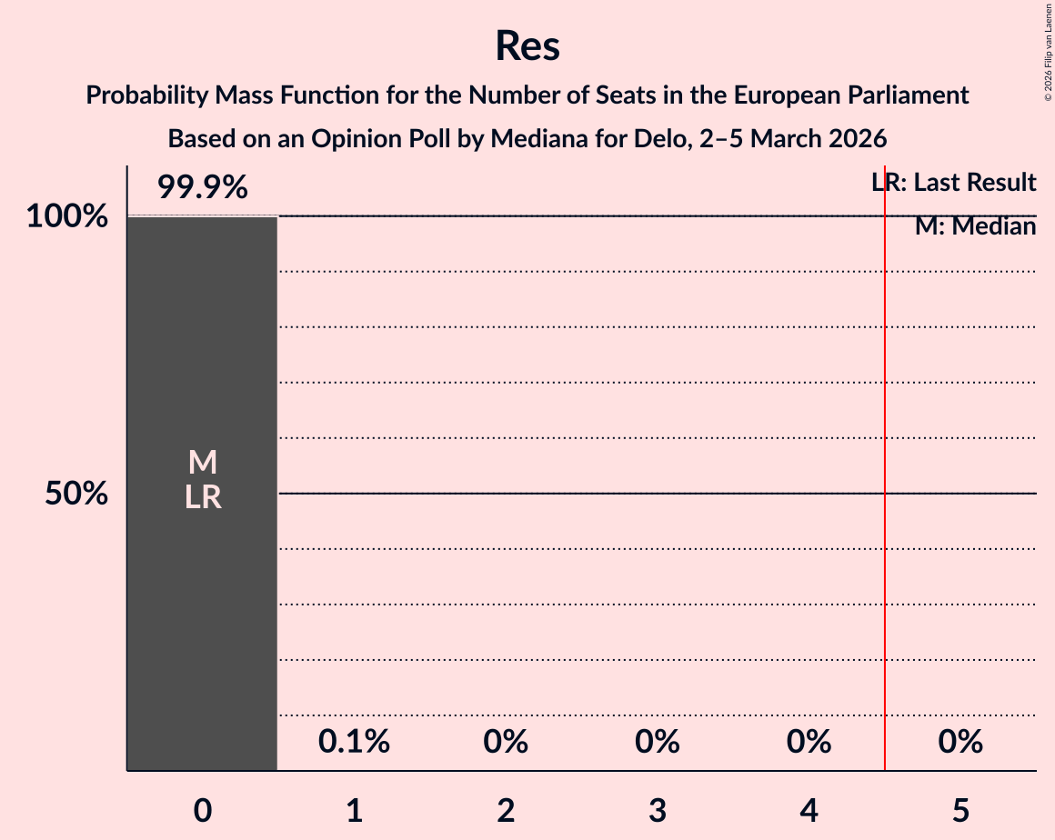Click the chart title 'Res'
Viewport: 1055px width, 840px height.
(x=527, y=45)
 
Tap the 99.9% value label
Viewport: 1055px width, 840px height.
(x=202, y=188)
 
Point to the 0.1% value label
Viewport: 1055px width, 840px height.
(x=354, y=743)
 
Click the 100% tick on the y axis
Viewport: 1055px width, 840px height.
(x=67, y=217)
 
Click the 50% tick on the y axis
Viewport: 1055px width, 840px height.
(x=76, y=495)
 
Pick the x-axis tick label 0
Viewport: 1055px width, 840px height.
(x=203, y=811)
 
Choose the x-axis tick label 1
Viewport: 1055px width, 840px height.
(x=354, y=811)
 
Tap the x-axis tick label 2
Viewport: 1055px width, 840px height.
(x=506, y=811)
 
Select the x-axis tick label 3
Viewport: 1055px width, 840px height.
(x=658, y=811)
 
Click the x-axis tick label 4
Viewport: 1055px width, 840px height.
(x=809, y=811)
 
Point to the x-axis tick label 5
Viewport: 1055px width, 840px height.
(x=960, y=811)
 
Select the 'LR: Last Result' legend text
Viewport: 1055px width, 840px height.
(x=954, y=183)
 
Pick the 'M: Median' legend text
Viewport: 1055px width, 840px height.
(x=975, y=226)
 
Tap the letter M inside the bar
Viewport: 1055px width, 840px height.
(x=202, y=463)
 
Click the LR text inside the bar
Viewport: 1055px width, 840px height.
(x=202, y=497)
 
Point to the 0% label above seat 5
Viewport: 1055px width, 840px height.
(x=960, y=743)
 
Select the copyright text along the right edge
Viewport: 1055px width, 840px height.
(x=1048, y=52)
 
